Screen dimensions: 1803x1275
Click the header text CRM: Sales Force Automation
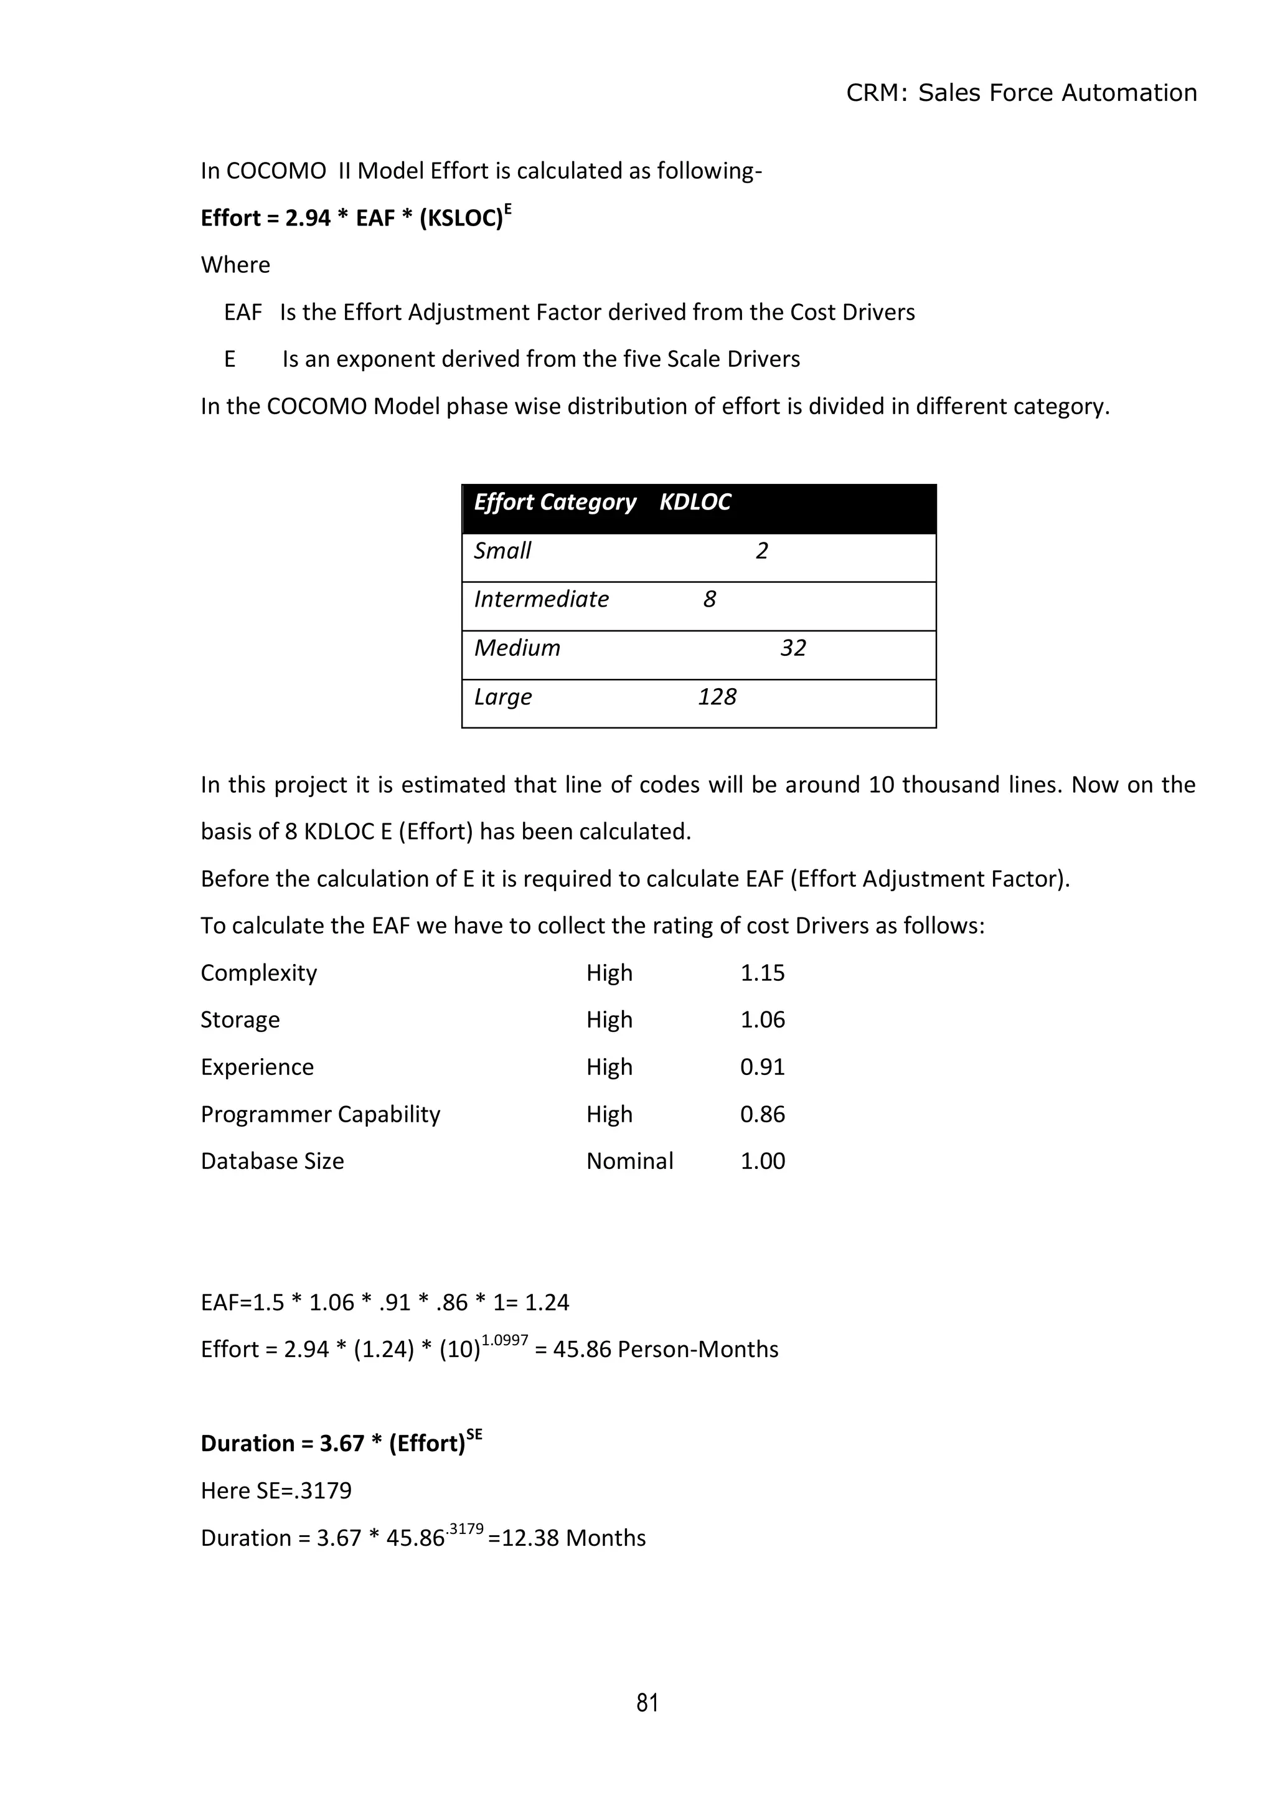pyautogui.click(x=1020, y=93)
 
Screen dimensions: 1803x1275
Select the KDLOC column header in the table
pyautogui.click(x=695, y=503)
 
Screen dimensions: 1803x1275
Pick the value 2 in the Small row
pyautogui.click(x=761, y=551)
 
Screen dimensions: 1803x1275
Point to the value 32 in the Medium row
pyautogui.click(x=793, y=648)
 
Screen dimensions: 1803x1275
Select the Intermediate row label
pyautogui.click(x=541, y=600)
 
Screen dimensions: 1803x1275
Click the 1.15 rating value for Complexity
pyautogui.click(x=763, y=973)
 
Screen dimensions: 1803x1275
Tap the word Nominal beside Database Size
pyautogui.click(x=629, y=1162)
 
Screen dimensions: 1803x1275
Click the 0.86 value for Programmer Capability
pyautogui.click(x=763, y=1114)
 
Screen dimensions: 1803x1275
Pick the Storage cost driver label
pyautogui.click(x=240, y=1020)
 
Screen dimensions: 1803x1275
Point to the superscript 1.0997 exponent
pyautogui.click(x=505, y=1340)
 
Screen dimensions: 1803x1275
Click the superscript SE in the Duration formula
pyautogui.click(x=474, y=1435)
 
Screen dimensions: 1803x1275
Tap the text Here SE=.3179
pyautogui.click(x=276, y=1490)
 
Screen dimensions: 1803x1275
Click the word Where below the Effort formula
pyautogui.click(x=235, y=265)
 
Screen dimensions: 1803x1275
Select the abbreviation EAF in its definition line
pyautogui.click(x=243, y=313)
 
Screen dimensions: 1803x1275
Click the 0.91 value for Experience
pyautogui.click(x=763, y=1067)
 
